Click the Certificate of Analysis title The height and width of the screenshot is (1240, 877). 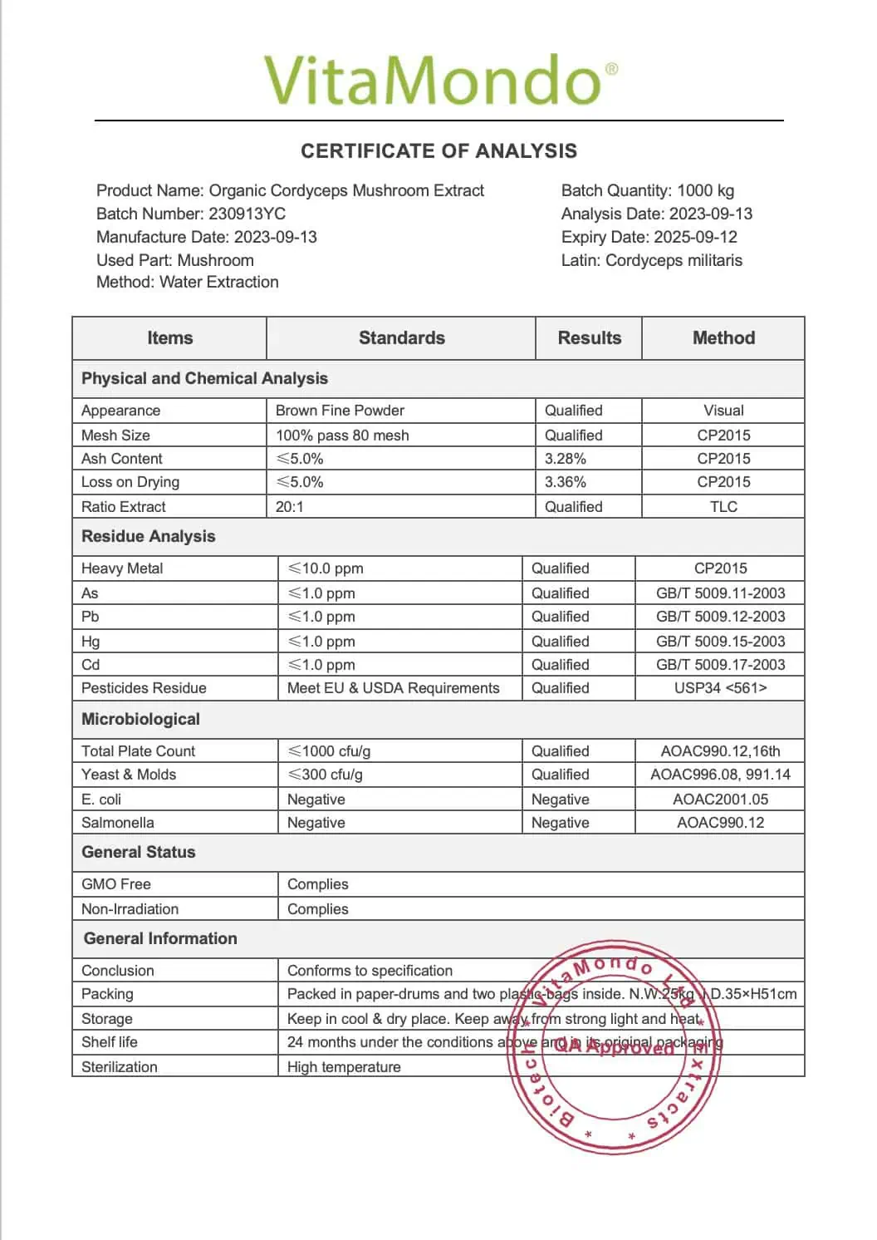pos(438,151)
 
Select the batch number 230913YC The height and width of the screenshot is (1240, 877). pos(247,214)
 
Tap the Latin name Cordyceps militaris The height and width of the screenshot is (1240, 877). pos(674,260)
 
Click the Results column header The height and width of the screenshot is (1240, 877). pos(589,338)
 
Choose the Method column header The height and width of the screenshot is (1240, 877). pos(723,338)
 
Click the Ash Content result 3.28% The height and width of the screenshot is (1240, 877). pos(566,459)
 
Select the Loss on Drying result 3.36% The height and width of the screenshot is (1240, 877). pos(566,482)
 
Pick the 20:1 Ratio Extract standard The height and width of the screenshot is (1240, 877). pos(290,507)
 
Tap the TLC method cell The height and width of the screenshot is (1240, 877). pos(723,507)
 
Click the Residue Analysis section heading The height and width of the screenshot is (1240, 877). pos(148,537)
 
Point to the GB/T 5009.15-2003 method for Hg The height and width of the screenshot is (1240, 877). pos(720,642)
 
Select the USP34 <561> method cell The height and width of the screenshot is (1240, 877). pos(720,688)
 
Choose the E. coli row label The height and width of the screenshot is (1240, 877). pos(101,800)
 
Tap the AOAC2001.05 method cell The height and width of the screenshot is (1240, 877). pos(720,800)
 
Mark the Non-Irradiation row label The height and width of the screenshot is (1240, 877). pos(130,909)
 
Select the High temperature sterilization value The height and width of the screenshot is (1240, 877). pos(344,1067)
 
